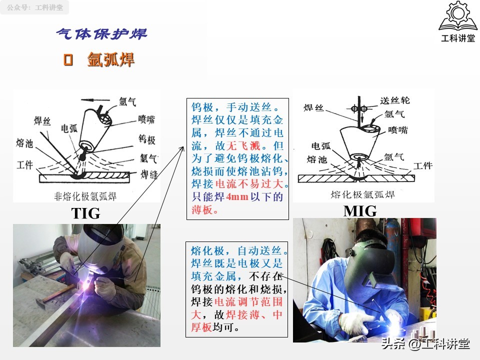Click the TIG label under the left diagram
coord(86,213)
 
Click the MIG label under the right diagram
coord(360,211)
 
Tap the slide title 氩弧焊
coord(110,60)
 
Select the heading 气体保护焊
coord(101,34)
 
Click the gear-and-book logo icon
coord(457,17)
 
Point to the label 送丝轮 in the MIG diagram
coord(395,100)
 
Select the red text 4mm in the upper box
coord(237,196)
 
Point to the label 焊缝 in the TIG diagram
coord(149,174)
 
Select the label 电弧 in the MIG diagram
coord(320,146)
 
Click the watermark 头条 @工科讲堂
coord(425,344)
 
